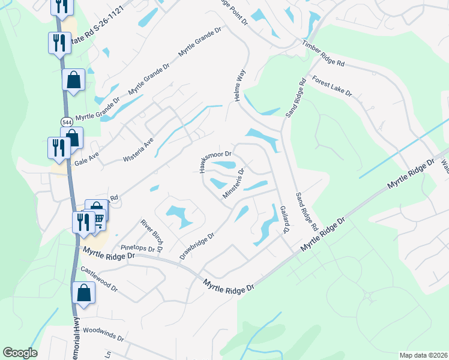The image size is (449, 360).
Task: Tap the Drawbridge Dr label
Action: (x=196, y=247)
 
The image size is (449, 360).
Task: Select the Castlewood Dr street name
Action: (x=98, y=280)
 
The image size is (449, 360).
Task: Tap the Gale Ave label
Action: (x=86, y=158)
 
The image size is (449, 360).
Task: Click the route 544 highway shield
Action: (x=67, y=122)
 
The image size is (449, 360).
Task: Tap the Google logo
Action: (x=20, y=353)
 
